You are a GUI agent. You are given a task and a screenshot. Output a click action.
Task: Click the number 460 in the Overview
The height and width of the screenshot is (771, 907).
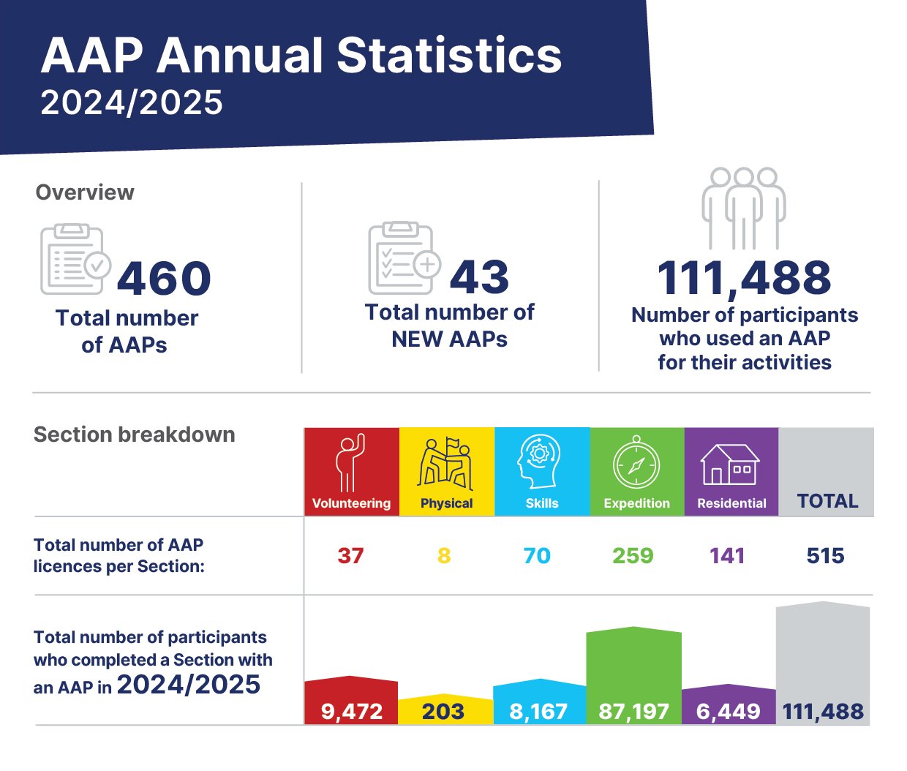[x=164, y=278]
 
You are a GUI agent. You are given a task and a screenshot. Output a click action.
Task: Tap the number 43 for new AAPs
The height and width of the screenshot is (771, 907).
[x=480, y=277]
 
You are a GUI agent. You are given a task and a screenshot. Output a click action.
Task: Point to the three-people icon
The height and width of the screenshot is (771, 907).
[x=744, y=208]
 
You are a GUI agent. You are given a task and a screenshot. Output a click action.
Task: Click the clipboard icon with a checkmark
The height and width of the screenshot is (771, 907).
[x=75, y=259]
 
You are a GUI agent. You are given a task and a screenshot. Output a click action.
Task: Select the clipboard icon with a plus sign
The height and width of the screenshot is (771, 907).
[x=404, y=257]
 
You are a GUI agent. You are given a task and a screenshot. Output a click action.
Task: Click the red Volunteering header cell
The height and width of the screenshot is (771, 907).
[x=352, y=471]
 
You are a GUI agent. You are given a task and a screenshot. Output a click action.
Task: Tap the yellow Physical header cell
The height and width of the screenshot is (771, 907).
[x=447, y=471]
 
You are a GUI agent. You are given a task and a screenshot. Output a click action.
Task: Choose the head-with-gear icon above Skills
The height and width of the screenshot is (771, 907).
[x=539, y=462]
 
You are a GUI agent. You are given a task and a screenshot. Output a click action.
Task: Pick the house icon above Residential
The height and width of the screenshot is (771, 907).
[x=730, y=465]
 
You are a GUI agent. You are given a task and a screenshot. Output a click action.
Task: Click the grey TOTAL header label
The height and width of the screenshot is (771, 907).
[x=827, y=501]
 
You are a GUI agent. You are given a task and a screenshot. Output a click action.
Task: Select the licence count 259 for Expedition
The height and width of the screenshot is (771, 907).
[x=633, y=556]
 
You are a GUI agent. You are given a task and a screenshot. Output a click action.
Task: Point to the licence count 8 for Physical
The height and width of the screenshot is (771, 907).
[x=444, y=556]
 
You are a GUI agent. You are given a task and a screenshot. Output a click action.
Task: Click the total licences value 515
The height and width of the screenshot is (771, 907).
[x=825, y=556]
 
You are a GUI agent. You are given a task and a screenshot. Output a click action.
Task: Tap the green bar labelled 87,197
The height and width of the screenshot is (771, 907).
[x=634, y=676]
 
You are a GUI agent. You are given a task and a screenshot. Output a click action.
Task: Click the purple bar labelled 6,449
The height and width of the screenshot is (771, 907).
[x=729, y=704]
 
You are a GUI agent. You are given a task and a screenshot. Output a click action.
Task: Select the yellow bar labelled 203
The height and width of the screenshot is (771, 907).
[x=445, y=709]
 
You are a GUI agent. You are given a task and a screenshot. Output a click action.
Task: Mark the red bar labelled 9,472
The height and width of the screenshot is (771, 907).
[x=351, y=700]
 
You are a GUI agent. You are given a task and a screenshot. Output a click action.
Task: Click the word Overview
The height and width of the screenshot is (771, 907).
[x=85, y=192]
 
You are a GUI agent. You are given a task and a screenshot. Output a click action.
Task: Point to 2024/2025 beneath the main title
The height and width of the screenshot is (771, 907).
[x=132, y=102]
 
